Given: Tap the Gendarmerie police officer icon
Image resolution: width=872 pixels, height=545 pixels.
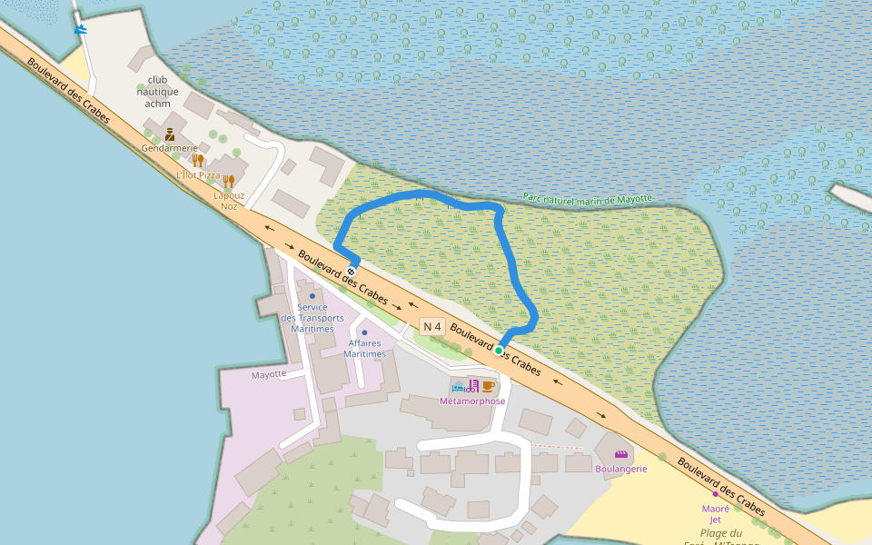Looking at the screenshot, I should point(170,134).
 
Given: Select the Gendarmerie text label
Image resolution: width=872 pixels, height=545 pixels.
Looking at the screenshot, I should point(169,148).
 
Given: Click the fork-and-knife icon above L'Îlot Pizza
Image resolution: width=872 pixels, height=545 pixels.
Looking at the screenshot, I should point(197,161).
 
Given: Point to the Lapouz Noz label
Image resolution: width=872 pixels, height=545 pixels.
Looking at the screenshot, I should point(229,201).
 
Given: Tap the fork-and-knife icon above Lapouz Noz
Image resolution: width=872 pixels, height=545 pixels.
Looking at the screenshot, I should point(229,181).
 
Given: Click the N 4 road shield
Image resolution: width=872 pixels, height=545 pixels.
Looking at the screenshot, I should point(432,327).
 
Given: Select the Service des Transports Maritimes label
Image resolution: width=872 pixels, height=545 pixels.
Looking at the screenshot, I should point(312,318).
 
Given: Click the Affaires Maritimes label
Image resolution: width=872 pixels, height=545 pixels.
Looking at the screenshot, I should point(364,349).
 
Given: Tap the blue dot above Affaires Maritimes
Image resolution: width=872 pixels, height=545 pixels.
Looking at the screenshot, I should point(364,332).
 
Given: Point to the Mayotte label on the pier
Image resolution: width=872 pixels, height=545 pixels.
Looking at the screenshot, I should point(269,374).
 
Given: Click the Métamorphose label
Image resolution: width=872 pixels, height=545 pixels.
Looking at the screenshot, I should point(472,401).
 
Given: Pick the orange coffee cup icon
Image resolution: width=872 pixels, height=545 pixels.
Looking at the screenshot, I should point(488,386).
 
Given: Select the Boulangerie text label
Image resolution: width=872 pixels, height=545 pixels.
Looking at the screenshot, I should point(621,469).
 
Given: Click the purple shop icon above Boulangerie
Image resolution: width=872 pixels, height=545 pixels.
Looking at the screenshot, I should point(621,454).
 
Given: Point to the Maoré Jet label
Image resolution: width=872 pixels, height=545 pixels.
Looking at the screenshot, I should point(716,514).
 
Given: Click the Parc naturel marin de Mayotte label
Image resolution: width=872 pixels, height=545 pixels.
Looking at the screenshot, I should point(588,199).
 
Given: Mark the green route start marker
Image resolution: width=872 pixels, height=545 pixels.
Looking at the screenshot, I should point(499,350).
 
